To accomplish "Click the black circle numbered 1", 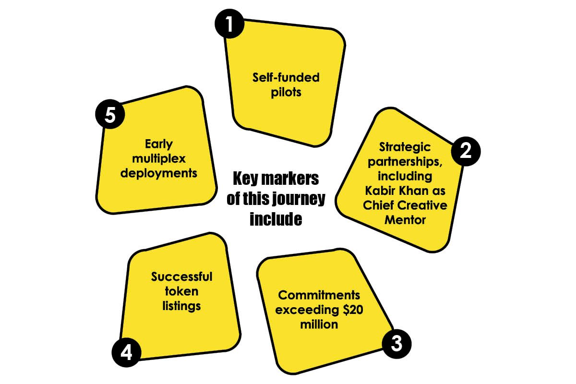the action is [x=229, y=24].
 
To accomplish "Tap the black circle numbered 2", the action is [x=466, y=151].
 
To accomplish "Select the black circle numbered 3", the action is [x=396, y=344].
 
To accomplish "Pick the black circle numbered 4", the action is [x=126, y=352].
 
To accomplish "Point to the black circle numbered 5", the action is [x=110, y=114].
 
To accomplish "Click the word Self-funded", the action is [x=286, y=77].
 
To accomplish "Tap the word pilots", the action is [x=286, y=93].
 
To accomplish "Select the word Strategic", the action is [x=405, y=147].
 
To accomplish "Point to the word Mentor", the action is [x=405, y=220].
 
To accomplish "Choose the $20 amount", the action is [x=353, y=310].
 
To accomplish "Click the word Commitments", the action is [x=319, y=295].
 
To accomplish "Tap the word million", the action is [x=319, y=324].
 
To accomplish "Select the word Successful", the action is [x=181, y=277].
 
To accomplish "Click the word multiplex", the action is [x=159, y=159].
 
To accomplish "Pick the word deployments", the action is [x=159, y=174].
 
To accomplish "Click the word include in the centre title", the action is [x=276, y=219].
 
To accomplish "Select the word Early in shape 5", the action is [x=159, y=144].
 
